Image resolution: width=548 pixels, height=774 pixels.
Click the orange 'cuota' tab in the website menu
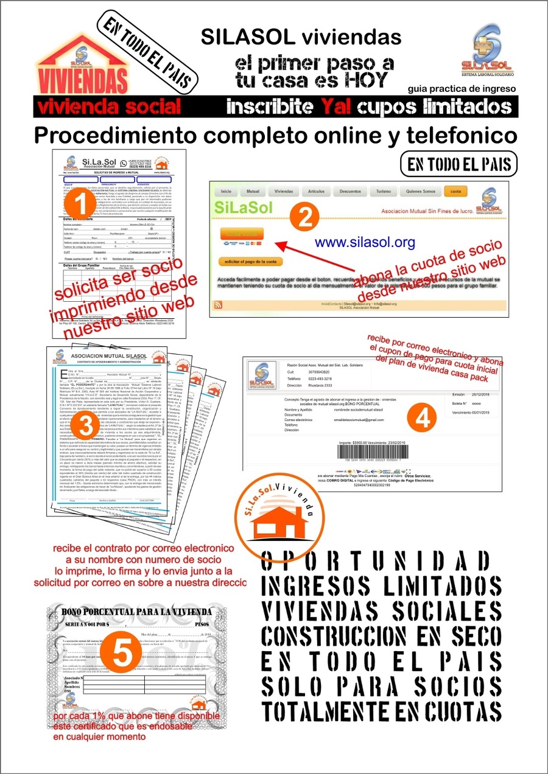coord(455,190)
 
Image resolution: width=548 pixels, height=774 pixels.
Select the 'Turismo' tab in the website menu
coord(384,191)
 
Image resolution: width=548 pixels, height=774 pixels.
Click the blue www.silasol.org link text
coord(365,242)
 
